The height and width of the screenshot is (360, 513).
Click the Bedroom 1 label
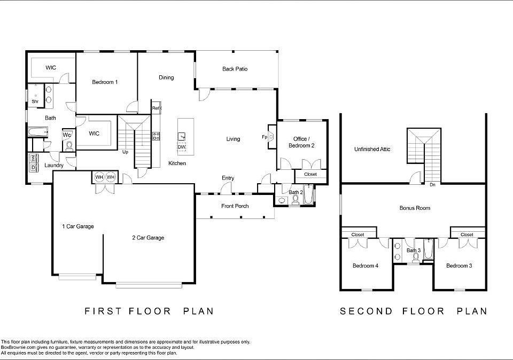[105, 82]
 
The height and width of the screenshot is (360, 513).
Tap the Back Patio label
[235, 69]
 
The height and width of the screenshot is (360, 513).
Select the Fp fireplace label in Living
[265, 136]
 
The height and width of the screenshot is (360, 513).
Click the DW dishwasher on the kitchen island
[182, 147]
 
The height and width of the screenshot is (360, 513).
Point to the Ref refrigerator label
[156, 108]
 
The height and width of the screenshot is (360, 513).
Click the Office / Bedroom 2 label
[300, 142]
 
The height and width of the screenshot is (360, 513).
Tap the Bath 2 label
[296, 192]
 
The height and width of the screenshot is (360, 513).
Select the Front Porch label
[235, 206]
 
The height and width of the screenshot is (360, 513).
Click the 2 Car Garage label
[148, 238]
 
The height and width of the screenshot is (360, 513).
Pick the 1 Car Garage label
[77, 226]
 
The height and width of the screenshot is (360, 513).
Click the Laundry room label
[54, 166]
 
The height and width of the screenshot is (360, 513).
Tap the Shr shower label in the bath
[35, 101]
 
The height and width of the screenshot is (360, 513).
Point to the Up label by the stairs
[126, 152]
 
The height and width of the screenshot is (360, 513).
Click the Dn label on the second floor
[432, 185]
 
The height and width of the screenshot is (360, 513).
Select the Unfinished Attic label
[372, 150]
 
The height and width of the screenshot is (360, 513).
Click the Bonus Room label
[415, 208]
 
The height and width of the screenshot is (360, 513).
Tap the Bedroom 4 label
[366, 265]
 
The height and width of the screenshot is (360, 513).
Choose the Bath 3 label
[414, 250]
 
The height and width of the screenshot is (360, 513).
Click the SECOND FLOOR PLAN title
[413, 311]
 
